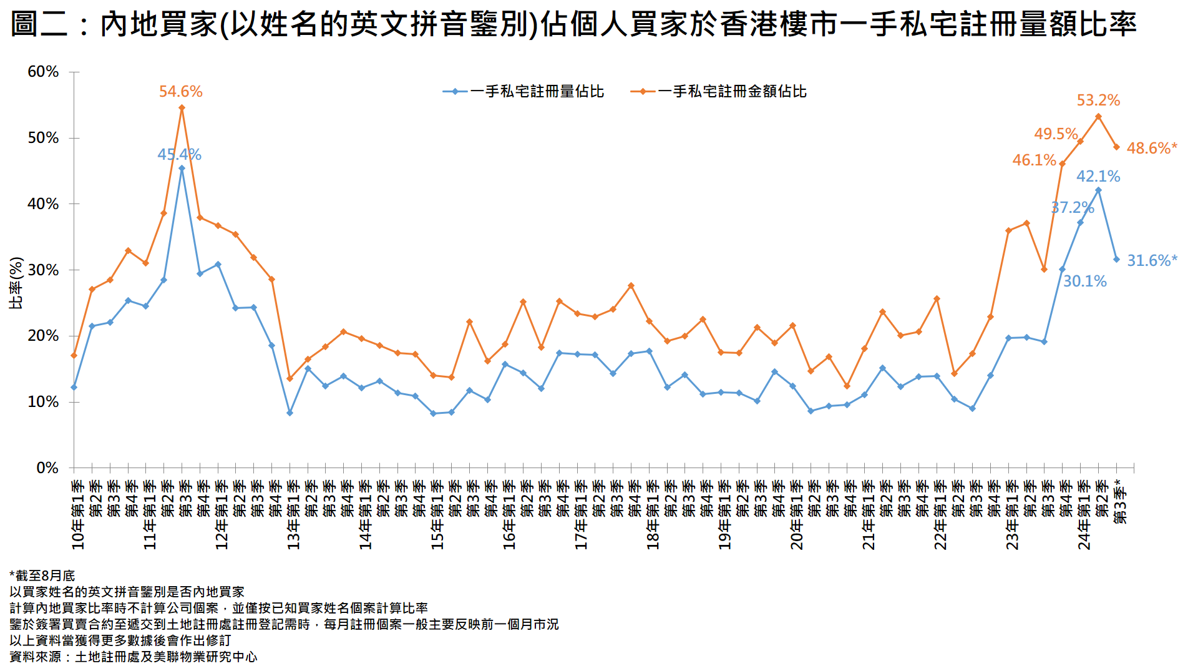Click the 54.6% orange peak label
(180, 92)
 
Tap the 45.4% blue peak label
(179, 155)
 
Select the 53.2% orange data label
(1098, 100)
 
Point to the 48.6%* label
(1151, 149)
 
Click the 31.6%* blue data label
(1151, 261)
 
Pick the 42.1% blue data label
(1098, 177)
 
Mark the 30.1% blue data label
(1084, 282)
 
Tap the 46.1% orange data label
(1034, 160)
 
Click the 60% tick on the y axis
(43, 72)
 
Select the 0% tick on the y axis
(47, 468)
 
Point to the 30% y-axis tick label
(43, 270)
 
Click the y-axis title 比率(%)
(16, 283)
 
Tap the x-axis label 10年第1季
(78, 515)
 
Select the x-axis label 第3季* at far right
(1121, 502)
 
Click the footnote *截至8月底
(42, 575)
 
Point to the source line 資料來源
(133, 657)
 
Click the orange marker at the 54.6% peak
(182, 108)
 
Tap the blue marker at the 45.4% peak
(182, 168)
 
